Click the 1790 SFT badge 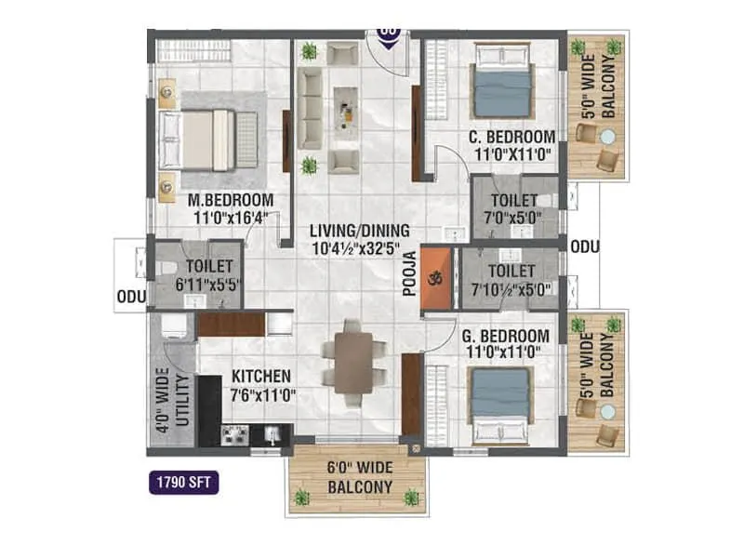click(182, 483)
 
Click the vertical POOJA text click(408, 277)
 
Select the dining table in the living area click(353, 361)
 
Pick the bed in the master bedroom click(209, 139)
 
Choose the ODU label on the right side click(584, 246)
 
